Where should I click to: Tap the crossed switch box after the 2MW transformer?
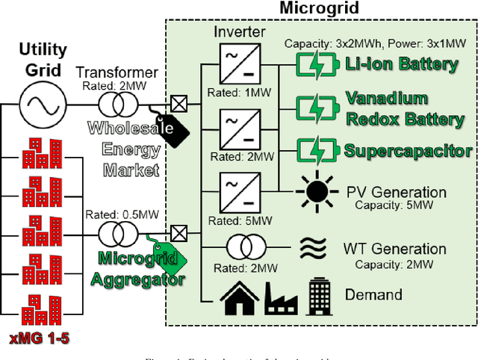tap(178, 103)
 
